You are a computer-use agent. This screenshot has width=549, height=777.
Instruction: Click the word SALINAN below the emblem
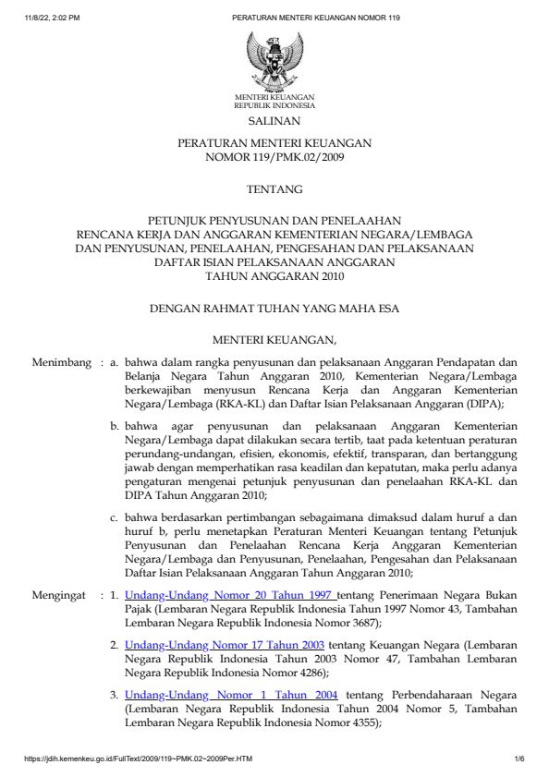pos(274,121)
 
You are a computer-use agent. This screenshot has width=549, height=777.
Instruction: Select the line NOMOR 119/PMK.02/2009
pos(274,157)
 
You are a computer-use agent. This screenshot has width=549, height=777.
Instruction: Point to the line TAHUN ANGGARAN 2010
pos(274,275)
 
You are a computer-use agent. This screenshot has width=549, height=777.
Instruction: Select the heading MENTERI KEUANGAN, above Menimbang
pos(274,339)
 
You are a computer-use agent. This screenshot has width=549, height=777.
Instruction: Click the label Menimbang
pos(62,363)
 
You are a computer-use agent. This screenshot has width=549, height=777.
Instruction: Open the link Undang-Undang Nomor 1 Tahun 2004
pos(230,694)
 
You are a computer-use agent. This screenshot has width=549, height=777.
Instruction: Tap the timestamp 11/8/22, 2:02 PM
pos(54,18)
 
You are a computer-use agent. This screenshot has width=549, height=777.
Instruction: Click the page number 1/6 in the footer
pos(519,759)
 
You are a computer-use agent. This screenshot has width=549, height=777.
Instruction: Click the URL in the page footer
pos(139,759)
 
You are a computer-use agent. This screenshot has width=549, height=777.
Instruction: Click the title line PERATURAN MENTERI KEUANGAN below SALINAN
pos(274,144)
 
